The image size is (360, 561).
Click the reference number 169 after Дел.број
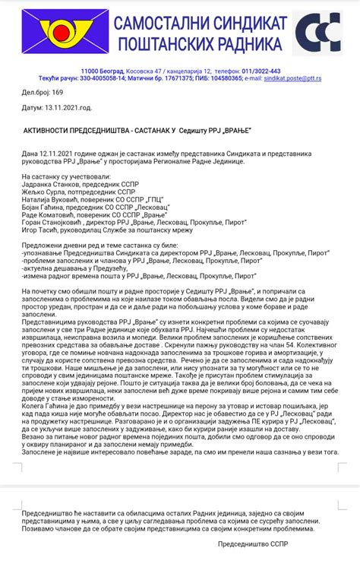click(x=57, y=92)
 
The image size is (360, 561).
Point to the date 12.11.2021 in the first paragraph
click(x=56, y=154)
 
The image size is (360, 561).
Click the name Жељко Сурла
click(x=42, y=192)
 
